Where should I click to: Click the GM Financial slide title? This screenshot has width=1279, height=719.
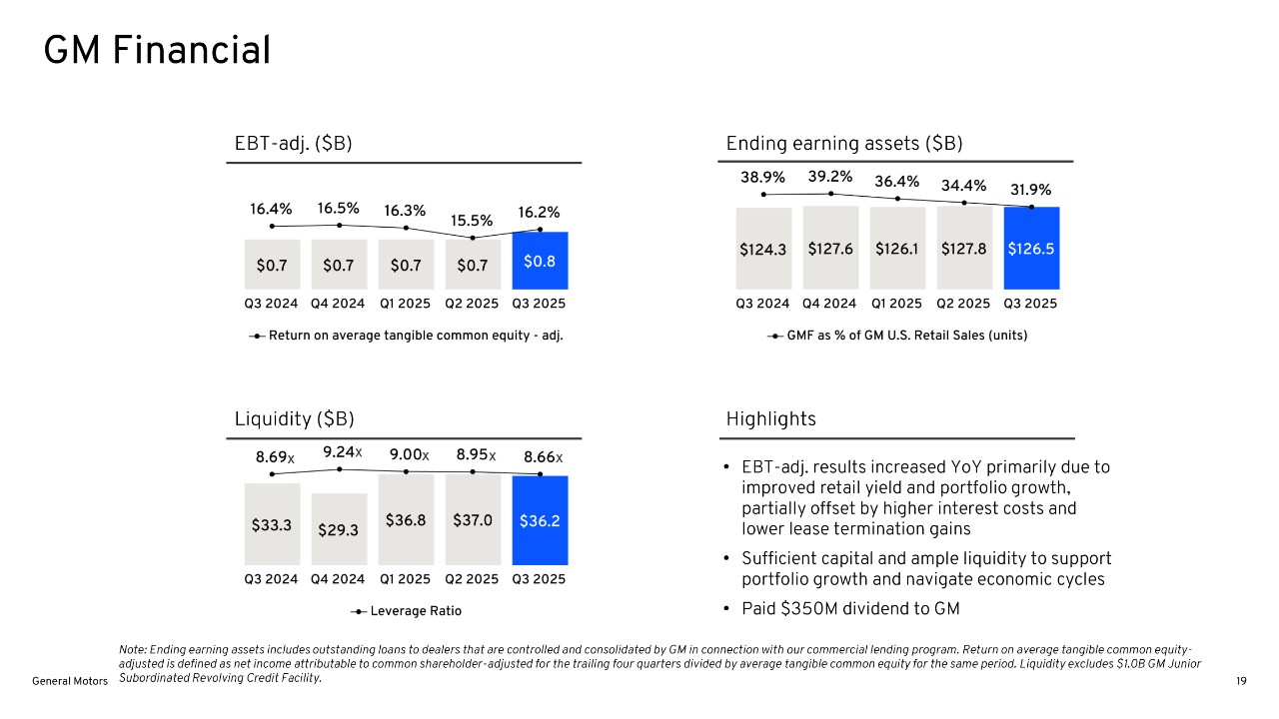157,51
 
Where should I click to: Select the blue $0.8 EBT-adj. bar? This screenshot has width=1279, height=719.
540,261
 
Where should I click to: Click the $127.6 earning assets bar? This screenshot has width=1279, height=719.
829,249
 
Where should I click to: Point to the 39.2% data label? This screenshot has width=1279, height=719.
829,177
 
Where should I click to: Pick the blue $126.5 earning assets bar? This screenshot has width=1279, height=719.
1031,249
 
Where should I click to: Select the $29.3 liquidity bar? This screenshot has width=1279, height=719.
338,530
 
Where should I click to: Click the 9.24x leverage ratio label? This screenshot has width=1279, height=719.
342,452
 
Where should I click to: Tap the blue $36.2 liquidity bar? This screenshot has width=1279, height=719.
540,521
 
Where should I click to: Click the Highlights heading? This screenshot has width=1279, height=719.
770,419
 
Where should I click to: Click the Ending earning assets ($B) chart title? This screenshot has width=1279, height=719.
844,144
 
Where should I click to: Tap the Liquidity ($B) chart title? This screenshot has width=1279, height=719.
294,419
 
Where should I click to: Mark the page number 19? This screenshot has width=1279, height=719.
1241,681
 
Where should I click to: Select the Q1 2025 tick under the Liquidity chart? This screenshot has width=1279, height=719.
405,579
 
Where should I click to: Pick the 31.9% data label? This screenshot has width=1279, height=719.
1030,190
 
